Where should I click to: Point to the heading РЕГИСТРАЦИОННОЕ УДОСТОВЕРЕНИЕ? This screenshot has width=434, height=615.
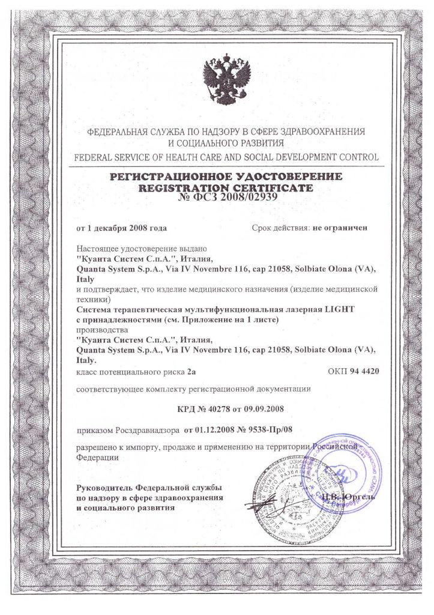[226, 177]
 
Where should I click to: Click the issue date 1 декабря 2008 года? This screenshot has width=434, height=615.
[127, 228]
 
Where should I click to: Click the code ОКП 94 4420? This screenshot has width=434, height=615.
[354, 372]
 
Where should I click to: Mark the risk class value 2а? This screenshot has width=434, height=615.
[193, 372]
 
